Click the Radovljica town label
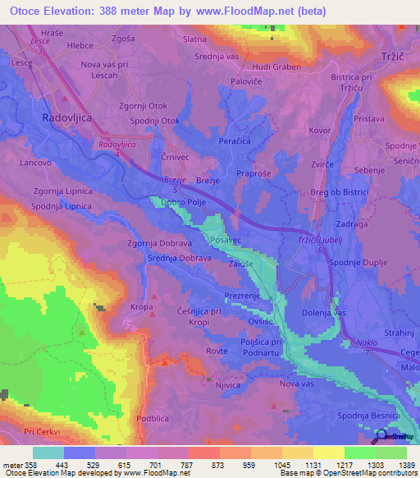pos(71,117)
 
